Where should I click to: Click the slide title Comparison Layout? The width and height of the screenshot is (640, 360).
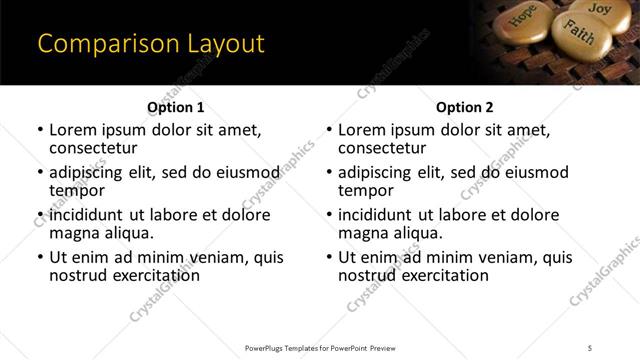(x=151, y=44)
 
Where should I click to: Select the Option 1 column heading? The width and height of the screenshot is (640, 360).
(x=175, y=108)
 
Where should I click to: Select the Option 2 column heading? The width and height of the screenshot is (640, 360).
(x=464, y=108)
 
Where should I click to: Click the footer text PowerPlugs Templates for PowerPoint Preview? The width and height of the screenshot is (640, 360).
(x=320, y=347)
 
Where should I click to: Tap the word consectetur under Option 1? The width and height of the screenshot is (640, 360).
(x=92, y=148)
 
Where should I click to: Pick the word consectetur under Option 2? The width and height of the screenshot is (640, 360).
(x=381, y=148)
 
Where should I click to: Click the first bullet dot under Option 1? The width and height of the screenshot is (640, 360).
(x=40, y=131)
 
